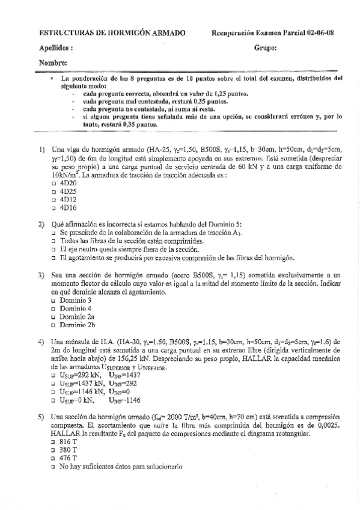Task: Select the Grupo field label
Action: tap(265, 48)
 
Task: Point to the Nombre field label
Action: tap(53, 63)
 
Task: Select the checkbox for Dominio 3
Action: tap(54, 300)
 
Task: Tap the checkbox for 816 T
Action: tap(54, 441)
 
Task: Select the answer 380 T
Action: tap(54, 449)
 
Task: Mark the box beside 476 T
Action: tap(54, 458)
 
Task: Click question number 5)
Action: tap(41, 416)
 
